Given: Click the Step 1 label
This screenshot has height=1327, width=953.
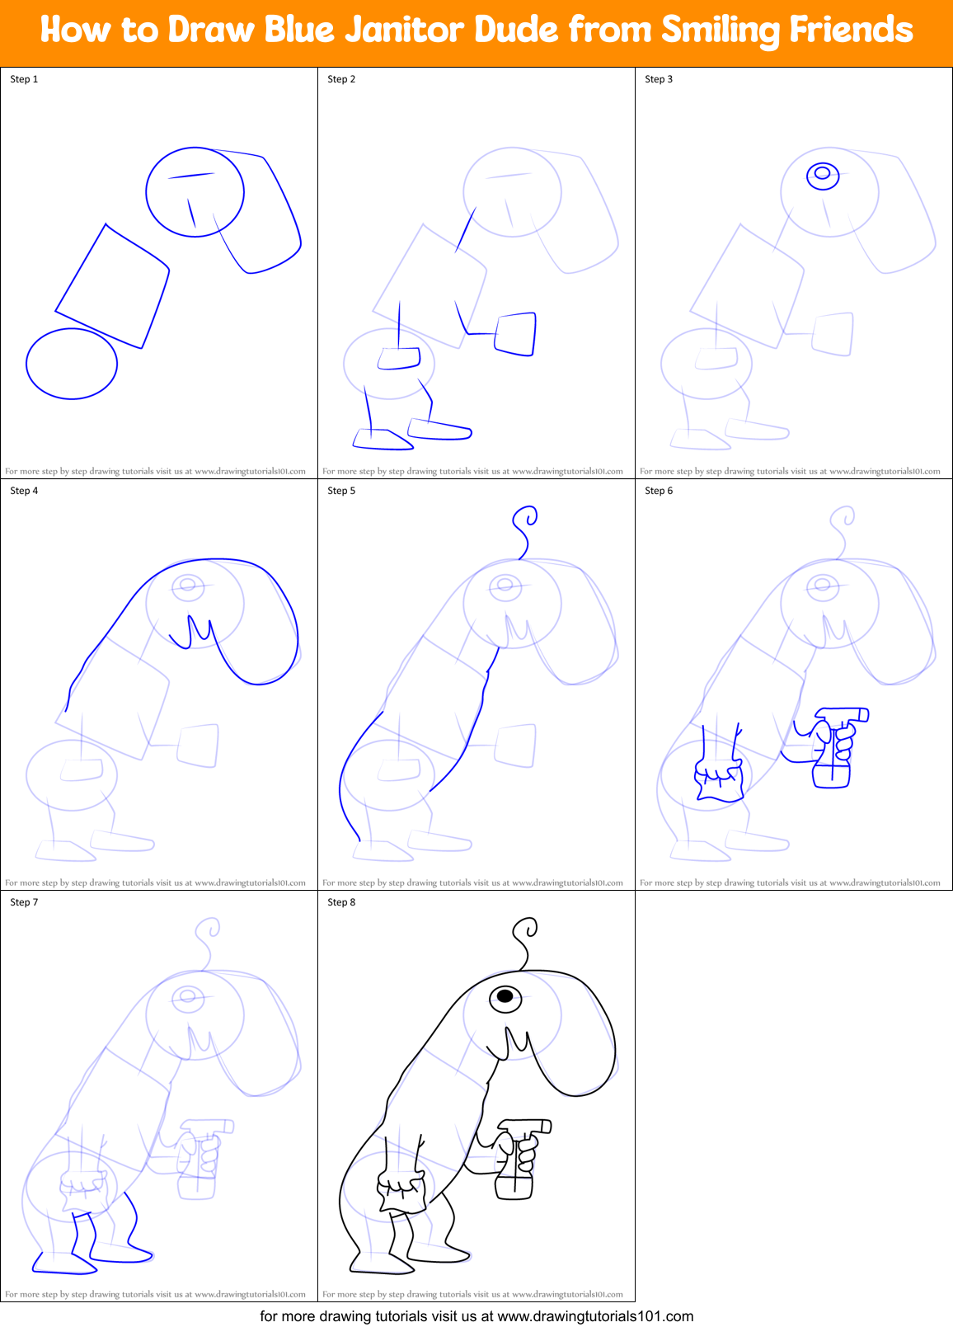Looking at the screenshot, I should [24, 79].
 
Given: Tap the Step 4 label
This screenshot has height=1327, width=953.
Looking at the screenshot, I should [24, 491].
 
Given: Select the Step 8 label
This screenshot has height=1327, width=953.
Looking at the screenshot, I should [341, 902].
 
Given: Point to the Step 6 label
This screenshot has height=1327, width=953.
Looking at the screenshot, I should [659, 491].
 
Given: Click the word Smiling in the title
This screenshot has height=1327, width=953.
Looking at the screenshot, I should [720, 31].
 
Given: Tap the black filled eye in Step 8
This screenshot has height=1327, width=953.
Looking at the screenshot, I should [505, 997].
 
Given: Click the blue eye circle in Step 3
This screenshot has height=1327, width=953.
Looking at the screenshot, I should [822, 175].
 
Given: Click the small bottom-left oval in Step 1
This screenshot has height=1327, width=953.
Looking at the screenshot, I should [72, 364].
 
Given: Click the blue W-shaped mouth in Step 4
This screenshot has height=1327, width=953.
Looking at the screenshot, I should [192, 631].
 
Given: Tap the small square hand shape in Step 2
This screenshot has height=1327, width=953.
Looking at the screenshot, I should [515, 333].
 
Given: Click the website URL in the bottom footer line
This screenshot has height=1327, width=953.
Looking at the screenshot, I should [595, 1316].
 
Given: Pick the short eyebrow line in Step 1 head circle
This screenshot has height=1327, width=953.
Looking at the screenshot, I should [191, 175].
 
